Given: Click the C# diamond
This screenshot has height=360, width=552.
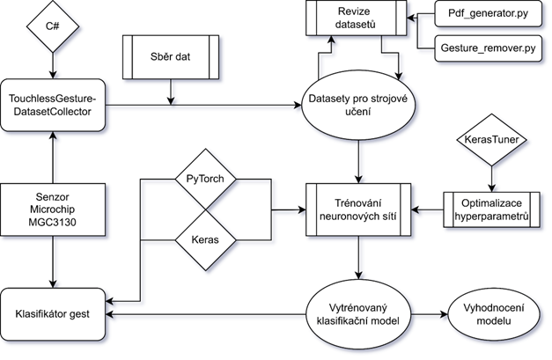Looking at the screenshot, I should [x=53, y=26].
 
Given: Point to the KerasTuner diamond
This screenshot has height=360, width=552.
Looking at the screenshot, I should [x=488, y=141].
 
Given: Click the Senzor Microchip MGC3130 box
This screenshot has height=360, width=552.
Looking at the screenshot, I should [x=53, y=209].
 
